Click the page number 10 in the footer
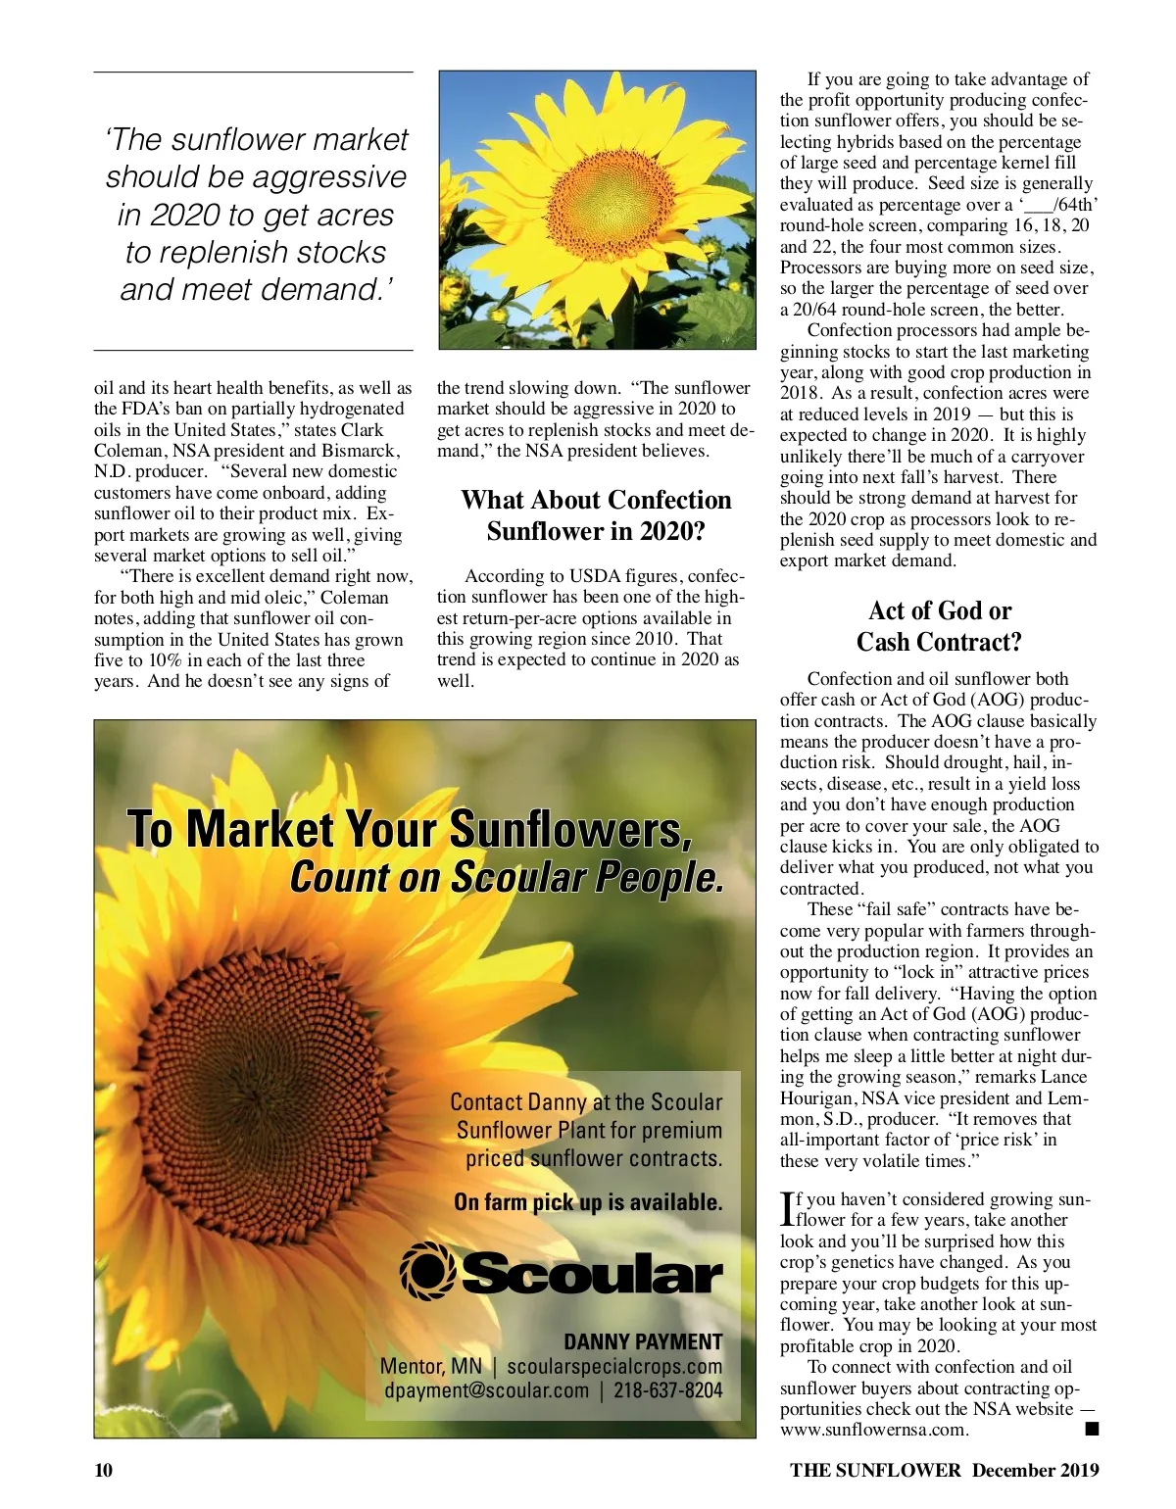(104, 1470)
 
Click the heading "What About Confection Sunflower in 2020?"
(596, 515)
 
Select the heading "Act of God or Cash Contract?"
(939, 626)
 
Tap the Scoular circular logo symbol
(427, 1271)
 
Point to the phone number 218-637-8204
(667, 1390)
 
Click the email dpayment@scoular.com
(486, 1390)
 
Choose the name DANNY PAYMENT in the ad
(643, 1341)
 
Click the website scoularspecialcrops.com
(614, 1366)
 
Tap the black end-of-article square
(1091, 1430)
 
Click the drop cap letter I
(787, 1208)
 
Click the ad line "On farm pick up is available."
(588, 1202)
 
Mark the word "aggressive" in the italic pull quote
(333, 177)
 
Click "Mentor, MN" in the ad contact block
(430, 1366)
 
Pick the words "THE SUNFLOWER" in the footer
(876, 1470)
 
